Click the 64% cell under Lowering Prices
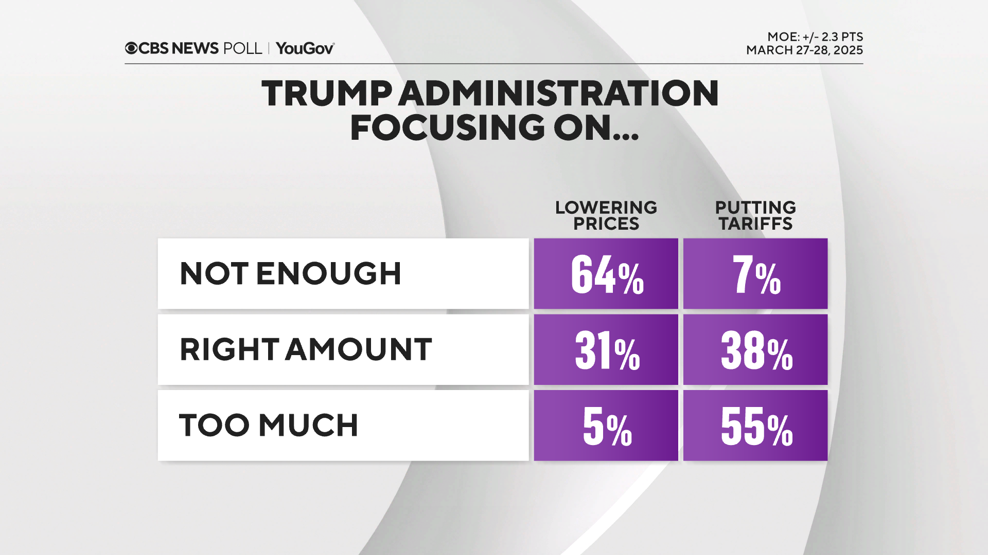(x=606, y=274)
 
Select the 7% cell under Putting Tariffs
(x=755, y=274)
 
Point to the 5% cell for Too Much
(x=606, y=426)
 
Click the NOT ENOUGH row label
(x=290, y=273)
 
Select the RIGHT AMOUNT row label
(x=306, y=349)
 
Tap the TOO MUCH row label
(x=268, y=425)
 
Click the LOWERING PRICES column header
(x=606, y=215)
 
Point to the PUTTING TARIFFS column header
(x=755, y=215)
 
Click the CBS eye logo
(x=131, y=48)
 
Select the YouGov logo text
(x=305, y=48)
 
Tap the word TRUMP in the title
(x=327, y=94)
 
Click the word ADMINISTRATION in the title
(x=558, y=94)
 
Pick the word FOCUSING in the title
(x=447, y=127)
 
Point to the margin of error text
(x=815, y=37)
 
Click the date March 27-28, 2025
(x=804, y=50)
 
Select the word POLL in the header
(x=242, y=48)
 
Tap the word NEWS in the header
(x=195, y=48)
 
